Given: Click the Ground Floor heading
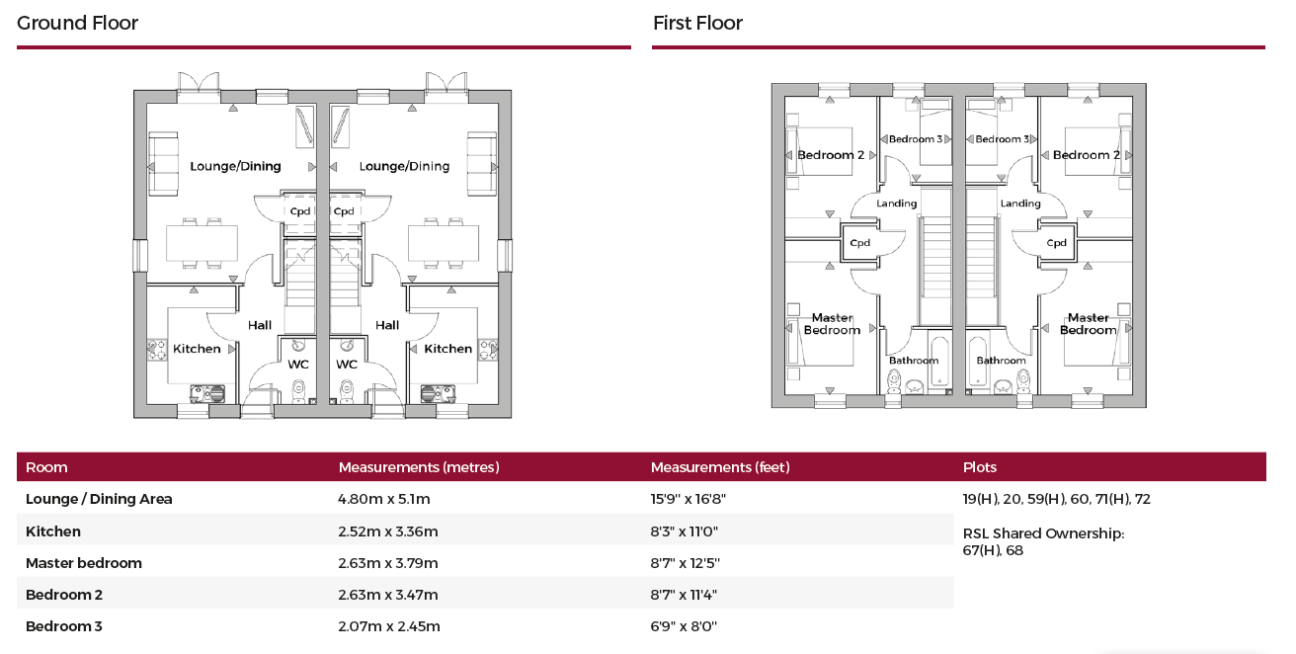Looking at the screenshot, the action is pos(77,23).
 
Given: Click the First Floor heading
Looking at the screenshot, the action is pos(697,23).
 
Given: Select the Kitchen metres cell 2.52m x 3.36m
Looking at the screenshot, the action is pos(387,531).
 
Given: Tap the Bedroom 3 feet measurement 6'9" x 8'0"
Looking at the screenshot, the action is pos(684,626).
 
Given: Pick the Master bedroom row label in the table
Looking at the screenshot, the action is pos(84,563).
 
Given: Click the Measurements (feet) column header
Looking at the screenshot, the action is pos(720,467).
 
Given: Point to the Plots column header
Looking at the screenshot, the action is pos(980,467).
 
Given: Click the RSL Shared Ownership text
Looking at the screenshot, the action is pos(1043,533).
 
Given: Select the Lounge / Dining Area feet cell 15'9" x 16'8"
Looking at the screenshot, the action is pos(688,499).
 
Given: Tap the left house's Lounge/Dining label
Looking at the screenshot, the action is pos(235,166).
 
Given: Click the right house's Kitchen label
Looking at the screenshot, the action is pos(448,349).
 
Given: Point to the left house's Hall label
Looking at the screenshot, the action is pos(260,325).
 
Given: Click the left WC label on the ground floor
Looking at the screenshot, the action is pos(298,365).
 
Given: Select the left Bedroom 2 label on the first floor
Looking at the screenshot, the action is pos(831,155).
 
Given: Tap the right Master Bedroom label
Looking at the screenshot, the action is pos(1088,324).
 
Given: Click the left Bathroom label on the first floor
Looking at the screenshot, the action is pos(914,361).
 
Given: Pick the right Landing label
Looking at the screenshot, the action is pos(1020,204).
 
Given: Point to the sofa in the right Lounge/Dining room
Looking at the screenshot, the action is pos(482,164).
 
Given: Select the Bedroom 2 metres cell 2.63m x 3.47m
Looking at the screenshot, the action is pos(387,595).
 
